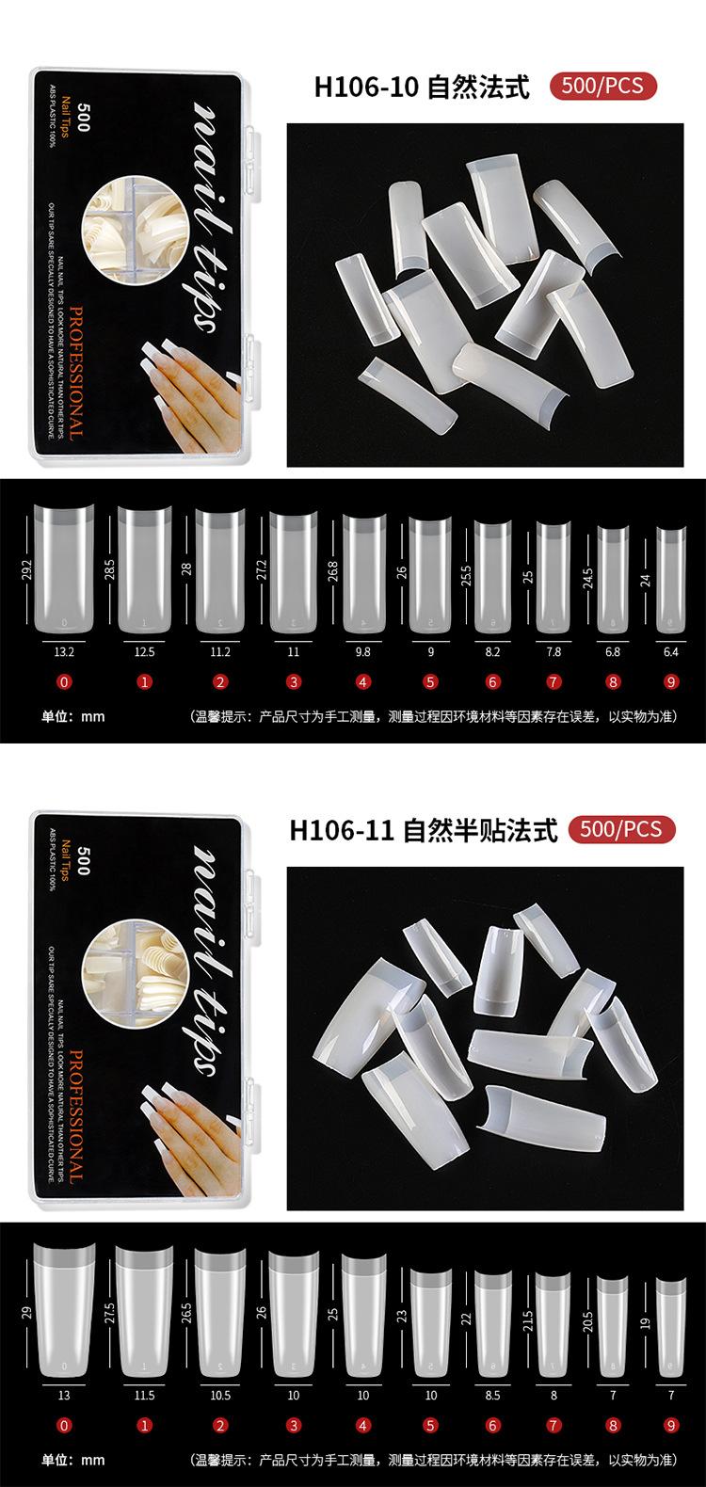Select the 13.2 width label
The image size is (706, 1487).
(65, 648)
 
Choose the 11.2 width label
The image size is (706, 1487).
(219, 648)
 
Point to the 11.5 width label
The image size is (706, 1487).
(145, 1396)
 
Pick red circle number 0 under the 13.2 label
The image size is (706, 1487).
(65, 681)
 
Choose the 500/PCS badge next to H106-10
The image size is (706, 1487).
(602, 86)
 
